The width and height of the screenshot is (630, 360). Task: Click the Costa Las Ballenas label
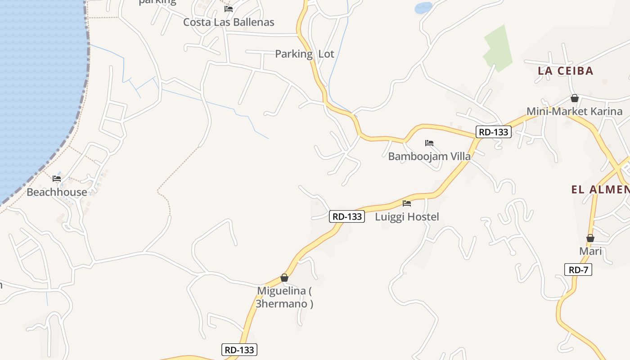pyautogui.click(x=229, y=22)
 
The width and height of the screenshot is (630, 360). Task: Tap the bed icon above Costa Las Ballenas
pyautogui.click(x=229, y=9)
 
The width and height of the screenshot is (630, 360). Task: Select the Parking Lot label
pyautogui.click(x=305, y=54)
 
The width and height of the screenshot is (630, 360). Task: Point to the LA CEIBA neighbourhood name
pyautogui.click(x=566, y=71)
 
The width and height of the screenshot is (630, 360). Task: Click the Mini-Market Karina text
pyautogui.click(x=575, y=111)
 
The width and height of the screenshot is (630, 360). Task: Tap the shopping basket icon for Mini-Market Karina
pyautogui.click(x=574, y=98)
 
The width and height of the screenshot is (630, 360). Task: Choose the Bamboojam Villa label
pyautogui.click(x=429, y=156)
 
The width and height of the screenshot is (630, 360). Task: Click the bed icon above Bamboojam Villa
pyautogui.click(x=429, y=144)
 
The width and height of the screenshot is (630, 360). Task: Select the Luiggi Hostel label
pyautogui.click(x=407, y=216)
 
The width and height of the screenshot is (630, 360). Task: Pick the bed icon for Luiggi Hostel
pyautogui.click(x=407, y=203)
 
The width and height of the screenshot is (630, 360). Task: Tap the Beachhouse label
pyautogui.click(x=57, y=192)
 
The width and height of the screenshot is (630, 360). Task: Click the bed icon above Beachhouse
pyautogui.click(x=57, y=179)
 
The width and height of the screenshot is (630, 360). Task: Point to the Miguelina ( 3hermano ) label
pyautogui.click(x=284, y=297)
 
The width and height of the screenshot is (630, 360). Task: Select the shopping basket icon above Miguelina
pyautogui.click(x=284, y=278)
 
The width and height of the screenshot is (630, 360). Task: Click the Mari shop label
pyautogui.click(x=590, y=251)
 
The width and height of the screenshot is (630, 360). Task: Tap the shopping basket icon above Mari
pyautogui.click(x=590, y=238)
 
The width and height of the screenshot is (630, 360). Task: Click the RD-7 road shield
pyautogui.click(x=578, y=270)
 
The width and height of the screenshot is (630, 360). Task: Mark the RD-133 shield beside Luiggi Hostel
pyautogui.click(x=346, y=216)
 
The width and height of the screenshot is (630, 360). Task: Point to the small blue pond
pyautogui.click(x=423, y=8)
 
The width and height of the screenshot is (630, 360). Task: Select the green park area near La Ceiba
pyautogui.click(x=498, y=49)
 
